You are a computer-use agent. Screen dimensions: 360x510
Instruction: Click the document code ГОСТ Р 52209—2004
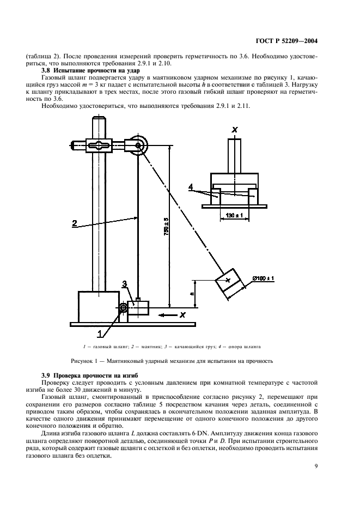click(x=286, y=41)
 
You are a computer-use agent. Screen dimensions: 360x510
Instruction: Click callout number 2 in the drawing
click(x=75, y=223)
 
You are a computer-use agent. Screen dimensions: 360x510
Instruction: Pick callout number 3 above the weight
click(x=125, y=284)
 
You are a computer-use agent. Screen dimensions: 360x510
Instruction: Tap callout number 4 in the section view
click(x=191, y=187)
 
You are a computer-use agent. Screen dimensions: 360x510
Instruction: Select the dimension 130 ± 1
click(x=234, y=215)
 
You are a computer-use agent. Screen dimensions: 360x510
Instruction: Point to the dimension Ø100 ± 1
click(x=264, y=278)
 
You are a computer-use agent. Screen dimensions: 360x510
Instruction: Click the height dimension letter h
click(x=192, y=293)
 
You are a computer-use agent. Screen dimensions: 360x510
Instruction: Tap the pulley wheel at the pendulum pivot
click(x=139, y=145)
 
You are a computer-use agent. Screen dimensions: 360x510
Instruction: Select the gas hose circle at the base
click(x=123, y=308)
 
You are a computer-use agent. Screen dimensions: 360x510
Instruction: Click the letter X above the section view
click(x=234, y=130)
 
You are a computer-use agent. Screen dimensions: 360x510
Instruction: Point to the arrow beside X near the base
click(x=167, y=315)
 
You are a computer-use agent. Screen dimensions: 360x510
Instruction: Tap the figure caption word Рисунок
click(x=81, y=361)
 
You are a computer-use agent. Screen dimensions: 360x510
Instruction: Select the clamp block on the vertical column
click(x=99, y=145)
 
